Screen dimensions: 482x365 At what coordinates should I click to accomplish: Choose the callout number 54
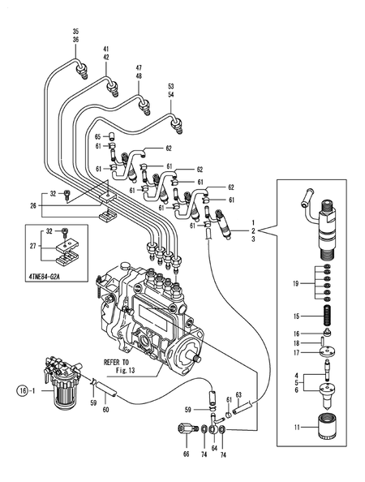[170, 94]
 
